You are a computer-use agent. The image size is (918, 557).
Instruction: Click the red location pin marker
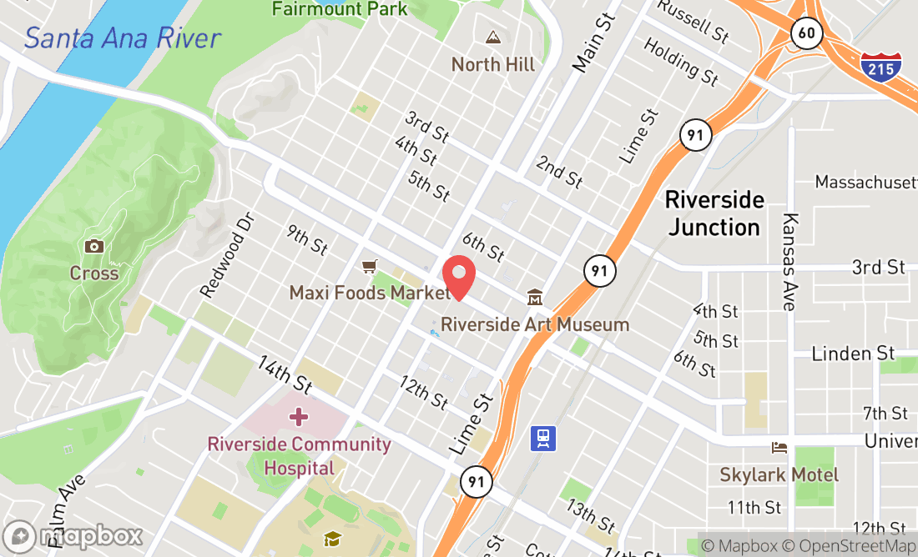pyautogui.click(x=458, y=276)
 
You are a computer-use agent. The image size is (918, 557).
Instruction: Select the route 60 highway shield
pyautogui.click(x=808, y=33)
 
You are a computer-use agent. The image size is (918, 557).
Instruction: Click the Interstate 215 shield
pyautogui.click(x=881, y=64)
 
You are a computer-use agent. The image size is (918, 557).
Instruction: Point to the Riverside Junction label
pyautogui.click(x=714, y=213)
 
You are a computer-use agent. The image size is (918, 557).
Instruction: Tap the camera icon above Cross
pyautogui.click(x=93, y=246)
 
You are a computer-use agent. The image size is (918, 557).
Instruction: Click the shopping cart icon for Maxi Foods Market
pyautogui.click(x=369, y=266)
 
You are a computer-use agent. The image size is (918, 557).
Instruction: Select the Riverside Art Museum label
pyautogui.click(x=535, y=324)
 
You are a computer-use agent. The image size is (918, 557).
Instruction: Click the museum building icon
pyautogui.click(x=534, y=297)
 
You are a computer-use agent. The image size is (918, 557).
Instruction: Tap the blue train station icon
pyautogui.click(x=543, y=438)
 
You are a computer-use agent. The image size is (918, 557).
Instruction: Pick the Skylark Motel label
pyautogui.click(x=779, y=474)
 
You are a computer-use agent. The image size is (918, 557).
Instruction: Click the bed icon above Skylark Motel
pyautogui.click(x=779, y=448)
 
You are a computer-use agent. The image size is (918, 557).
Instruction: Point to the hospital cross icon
pyautogui.click(x=299, y=416)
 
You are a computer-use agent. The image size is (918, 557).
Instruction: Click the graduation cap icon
pyautogui.click(x=333, y=539)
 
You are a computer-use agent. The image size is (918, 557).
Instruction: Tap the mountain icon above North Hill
pyautogui.click(x=493, y=38)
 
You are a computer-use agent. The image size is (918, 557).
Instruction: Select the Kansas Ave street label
pyautogui.click(x=789, y=261)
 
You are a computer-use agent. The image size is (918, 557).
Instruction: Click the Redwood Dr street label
pyautogui.click(x=226, y=253)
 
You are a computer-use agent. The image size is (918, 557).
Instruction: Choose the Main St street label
pyautogui.click(x=593, y=41)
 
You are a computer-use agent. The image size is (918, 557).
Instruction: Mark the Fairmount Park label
pyautogui.click(x=340, y=9)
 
